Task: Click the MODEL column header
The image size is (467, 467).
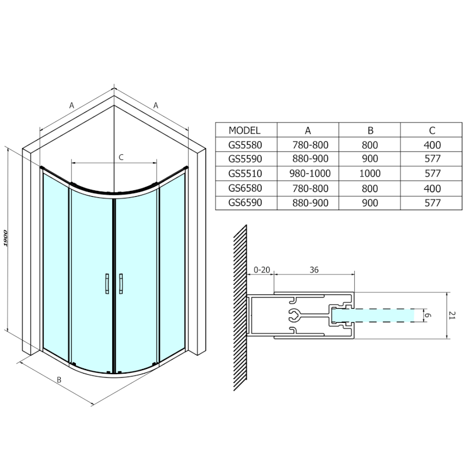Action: pyautogui.click(x=245, y=131)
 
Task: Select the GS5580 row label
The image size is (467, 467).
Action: pyautogui.click(x=245, y=145)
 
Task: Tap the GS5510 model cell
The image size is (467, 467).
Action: pyautogui.click(x=245, y=173)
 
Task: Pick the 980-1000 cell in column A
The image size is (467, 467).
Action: pyautogui.click(x=308, y=173)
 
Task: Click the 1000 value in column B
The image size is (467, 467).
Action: pyautogui.click(x=370, y=173)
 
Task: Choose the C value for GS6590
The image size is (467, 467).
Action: pyautogui.click(x=431, y=203)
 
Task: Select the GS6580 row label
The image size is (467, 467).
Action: pyautogui.click(x=245, y=189)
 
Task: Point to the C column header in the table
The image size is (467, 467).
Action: pyautogui.click(x=431, y=131)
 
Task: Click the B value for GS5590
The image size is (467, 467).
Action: pyautogui.click(x=370, y=159)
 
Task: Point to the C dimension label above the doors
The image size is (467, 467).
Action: pyautogui.click(x=121, y=156)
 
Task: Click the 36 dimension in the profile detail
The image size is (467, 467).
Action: pyautogui.click(x=313, y=270)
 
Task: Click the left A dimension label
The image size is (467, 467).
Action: pyautogui.click(x=72, y=106)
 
